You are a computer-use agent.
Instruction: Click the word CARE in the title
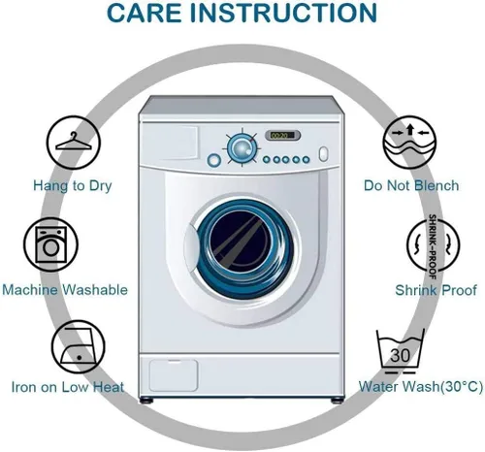click(144, 13)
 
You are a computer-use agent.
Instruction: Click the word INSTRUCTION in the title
click(283, 13)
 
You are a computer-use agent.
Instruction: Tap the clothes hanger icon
click(74, 143)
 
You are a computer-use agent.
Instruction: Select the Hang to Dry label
click(73, 186)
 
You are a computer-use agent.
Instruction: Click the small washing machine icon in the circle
click(50, 244)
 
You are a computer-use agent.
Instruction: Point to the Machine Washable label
click(65, 290)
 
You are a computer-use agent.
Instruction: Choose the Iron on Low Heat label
click(68, 387)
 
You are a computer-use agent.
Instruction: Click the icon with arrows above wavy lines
click(409, 143)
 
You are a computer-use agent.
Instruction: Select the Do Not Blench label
click(411, 185)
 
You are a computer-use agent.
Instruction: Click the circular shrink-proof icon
click(434, 245)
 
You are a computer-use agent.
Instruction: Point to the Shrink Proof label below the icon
click(436, 290)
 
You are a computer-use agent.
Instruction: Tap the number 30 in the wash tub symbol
click(400, 355)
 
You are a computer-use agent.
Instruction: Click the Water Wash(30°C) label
click(421, 387)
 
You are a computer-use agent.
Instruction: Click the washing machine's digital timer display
click(282, 135)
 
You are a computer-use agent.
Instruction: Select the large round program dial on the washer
click(242, 148)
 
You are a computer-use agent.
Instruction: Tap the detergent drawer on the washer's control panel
click(170, 143)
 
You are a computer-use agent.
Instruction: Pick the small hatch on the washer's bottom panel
click(174, 375)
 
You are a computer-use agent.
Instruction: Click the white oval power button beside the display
click(323, 154)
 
